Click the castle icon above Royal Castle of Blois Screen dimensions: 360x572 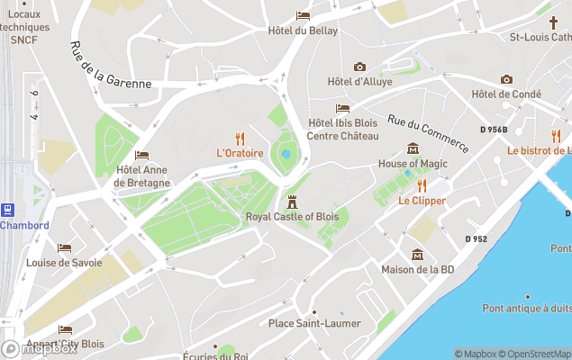[291, 202]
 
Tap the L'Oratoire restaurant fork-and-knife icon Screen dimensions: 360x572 [240, 138]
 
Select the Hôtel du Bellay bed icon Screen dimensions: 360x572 [303, 15]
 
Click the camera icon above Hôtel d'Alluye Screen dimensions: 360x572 [359, 67]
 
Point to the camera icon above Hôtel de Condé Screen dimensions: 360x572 [506, 79]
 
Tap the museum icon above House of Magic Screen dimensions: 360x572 [413, 148]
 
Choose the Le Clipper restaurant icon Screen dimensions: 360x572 [422, 185]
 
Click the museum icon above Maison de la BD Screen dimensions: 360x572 [417, 255]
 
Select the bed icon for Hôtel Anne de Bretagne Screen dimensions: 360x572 [141, 155]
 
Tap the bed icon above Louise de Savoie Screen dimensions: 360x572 [64, 247]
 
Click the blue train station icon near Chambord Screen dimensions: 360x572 [8, 210]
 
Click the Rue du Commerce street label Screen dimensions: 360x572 [428, 132]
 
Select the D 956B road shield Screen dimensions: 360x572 [494, 130]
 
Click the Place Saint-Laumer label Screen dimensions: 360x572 [314, 323]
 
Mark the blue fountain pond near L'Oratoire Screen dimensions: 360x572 [286, 154]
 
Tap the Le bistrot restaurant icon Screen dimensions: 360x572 [556, 136]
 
